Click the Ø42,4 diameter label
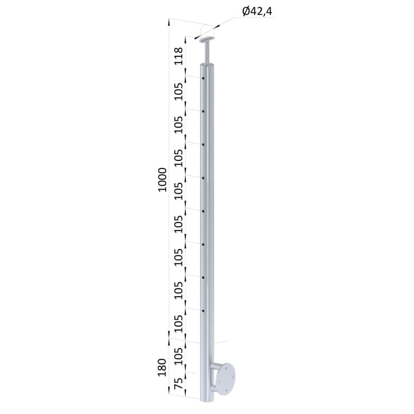pos(257,11)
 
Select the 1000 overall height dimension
pos(162,180)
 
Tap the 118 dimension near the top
pos(179,56)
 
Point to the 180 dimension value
pos(162,367)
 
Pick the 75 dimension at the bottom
pos(179,384)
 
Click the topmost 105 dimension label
pos(179,91)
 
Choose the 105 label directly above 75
pos(179,356)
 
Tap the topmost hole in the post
pos(204,78)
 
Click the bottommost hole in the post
pos(204,310)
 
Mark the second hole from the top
pos(204,112)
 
